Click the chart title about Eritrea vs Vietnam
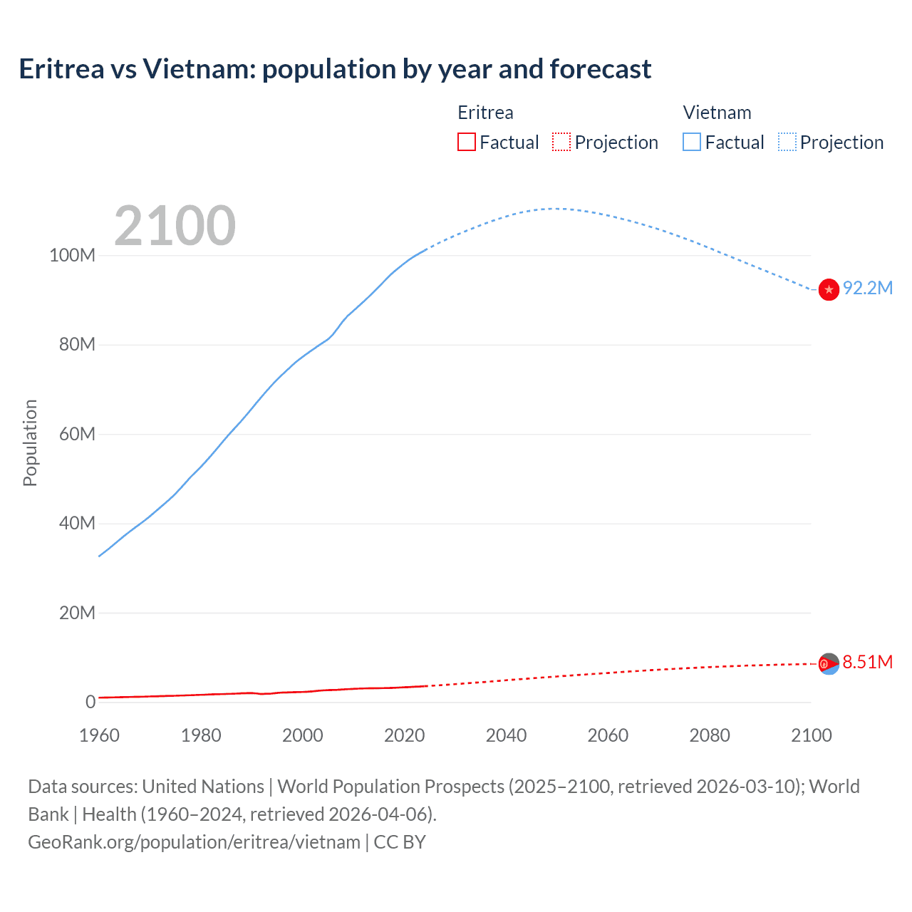(x=335, y=69)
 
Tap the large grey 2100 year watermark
(x=175, y=226)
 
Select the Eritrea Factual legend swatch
(x=467, y=142)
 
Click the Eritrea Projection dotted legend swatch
(x=561, y=142)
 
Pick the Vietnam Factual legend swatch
(x=692, y=142)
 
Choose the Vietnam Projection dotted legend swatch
(x=787, y=142)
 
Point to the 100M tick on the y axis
(x=72, y=255)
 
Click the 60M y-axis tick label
(x=77, y=434)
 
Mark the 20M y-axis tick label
(x=77, y=613)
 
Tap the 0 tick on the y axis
(x=90, y=702)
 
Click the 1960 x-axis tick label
(x=99, y=735)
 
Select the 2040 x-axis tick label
(x=506, y=735)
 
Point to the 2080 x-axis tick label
(x=710, y=735)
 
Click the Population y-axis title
(x=30, y=442)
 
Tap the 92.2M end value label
(x=867, y=288)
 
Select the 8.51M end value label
(x=867, y=662)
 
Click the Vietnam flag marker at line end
(x=829, y=290)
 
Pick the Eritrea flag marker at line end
(x=829, y=663)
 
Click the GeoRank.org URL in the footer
(x=194, y=842)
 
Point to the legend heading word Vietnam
(x=717, y=113)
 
